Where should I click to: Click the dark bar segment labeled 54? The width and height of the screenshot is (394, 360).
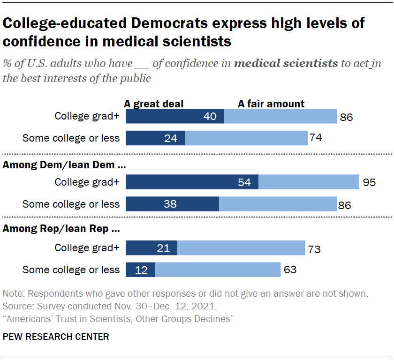coord(192,182)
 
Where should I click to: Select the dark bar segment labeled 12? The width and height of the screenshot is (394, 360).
coord(141,270)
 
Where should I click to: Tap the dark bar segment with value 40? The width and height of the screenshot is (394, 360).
coord(175,116)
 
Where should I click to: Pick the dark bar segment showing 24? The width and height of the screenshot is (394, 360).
coord(155,138)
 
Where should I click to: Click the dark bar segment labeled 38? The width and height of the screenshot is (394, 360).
coord(173,204)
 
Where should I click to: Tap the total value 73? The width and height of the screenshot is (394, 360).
coord(313,249)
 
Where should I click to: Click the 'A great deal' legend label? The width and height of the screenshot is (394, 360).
coord(153,104)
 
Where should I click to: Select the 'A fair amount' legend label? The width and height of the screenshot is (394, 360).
coord(271,104)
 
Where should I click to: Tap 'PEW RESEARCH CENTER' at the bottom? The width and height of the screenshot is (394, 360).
coord(56,337)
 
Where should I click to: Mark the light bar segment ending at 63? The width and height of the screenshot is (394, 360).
coord(218,270)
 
